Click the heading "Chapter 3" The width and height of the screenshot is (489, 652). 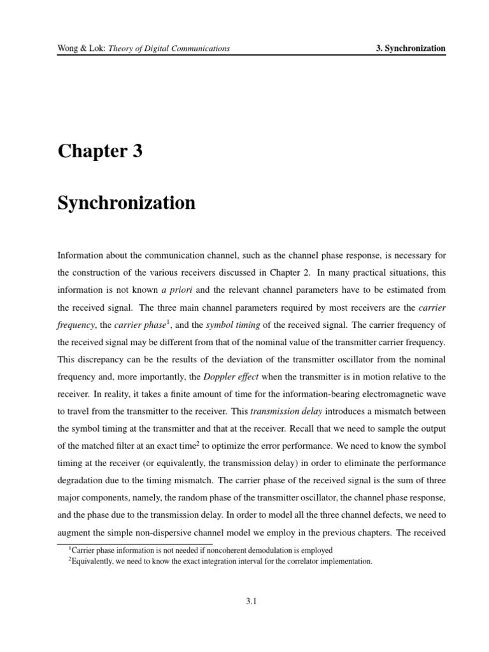[x=100, y=152]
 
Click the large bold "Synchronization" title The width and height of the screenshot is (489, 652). [x=126, y=203]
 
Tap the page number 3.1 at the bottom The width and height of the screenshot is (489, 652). [x=250, y=600]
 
